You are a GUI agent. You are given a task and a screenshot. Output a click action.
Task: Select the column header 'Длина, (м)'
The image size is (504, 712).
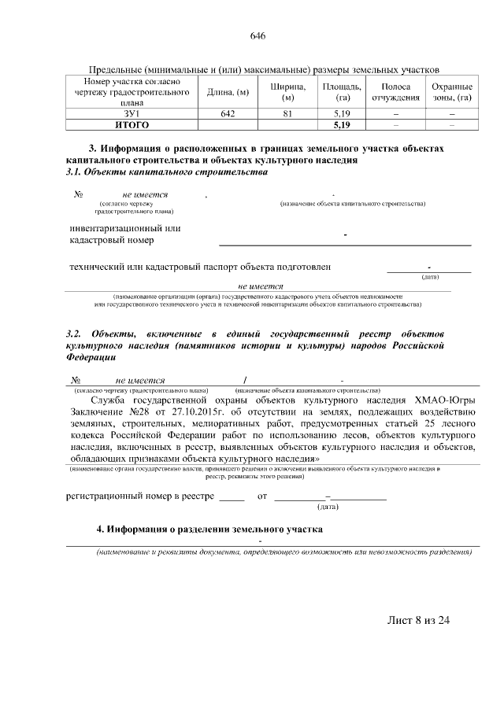pyautogui.click(x=228, y=92)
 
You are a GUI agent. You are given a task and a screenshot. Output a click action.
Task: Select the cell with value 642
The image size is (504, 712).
pyautogui.click(x=228, y=114)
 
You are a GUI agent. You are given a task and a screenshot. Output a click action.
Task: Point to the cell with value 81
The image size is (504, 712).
pyautogui.click(x=288, y=114)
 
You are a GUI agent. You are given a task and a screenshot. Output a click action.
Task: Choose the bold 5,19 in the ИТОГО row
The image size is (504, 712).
pyautogui.click(x=341, y=124)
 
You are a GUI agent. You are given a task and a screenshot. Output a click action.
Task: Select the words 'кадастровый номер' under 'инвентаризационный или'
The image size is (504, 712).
pyautogui.click(x=111, y=241)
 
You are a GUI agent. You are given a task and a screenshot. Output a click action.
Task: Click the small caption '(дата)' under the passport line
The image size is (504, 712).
pyautogui.click(x=430, y=276)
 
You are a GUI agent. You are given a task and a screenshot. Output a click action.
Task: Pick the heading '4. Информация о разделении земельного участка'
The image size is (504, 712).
pyautogui.click(x=209, y=529)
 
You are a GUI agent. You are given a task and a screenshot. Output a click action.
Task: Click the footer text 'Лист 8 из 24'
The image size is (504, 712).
pyautogui.click(x=418, y=620)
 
